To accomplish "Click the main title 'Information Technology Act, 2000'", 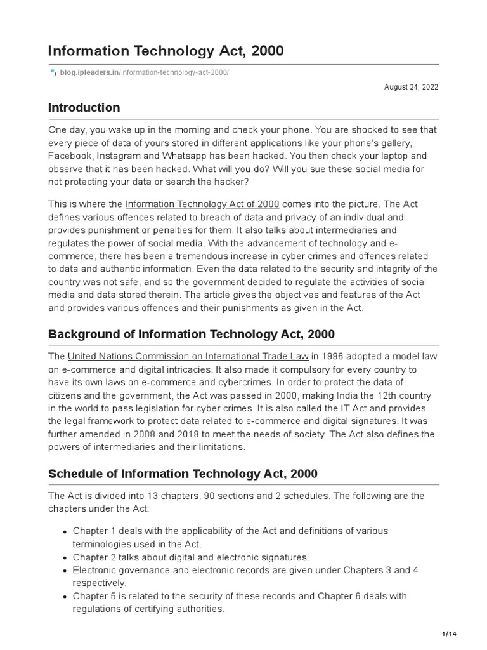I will (166, 51).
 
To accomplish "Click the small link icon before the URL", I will (53, 73).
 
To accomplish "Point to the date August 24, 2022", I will (411, 87).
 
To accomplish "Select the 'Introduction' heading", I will (84, 107).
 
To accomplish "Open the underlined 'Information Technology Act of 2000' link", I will (202, 204).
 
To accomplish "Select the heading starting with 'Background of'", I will (192, 334).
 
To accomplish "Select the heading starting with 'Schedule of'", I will (183, 474).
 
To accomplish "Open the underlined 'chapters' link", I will (180, 496).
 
